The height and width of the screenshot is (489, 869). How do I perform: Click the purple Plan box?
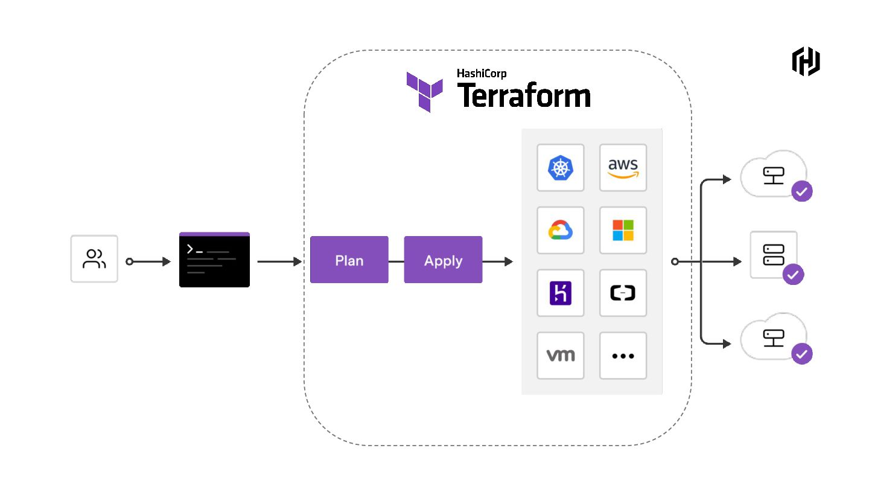349,260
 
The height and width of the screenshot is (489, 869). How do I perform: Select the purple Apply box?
443,260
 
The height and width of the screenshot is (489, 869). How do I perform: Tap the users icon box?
94,259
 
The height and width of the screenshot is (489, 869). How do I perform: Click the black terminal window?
215,260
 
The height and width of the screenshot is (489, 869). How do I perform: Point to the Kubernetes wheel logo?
561,168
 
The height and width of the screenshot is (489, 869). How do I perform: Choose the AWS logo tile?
623,168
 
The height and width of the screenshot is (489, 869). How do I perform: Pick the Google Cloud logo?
561,230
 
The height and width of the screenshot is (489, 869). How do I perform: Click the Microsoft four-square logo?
623,230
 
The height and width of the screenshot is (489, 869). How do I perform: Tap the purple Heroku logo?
561,293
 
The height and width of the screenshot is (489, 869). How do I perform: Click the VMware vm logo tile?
561,356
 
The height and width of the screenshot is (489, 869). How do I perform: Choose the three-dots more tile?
623,356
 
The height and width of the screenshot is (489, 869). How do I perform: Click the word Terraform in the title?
524,95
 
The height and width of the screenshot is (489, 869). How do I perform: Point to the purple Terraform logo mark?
424,92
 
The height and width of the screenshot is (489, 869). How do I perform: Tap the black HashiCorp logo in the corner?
806,62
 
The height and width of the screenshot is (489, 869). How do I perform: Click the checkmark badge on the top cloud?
802,191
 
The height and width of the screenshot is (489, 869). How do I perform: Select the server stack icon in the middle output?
774,255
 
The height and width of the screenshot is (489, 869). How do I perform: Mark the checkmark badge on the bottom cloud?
802,354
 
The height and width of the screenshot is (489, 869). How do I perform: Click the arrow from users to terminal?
148,261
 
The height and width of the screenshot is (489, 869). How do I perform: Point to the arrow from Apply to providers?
498,261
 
